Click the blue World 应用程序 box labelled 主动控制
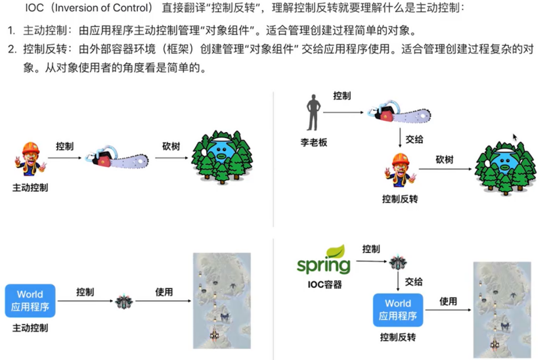click(30, 301)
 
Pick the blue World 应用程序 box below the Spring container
click(398, 309)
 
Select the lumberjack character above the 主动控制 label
click(29, 160)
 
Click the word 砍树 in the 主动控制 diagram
click(171, 146)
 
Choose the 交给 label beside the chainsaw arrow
click(414, 139)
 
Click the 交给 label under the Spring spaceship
click(414, 282)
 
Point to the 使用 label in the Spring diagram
click(448, 301)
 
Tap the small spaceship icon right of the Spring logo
click(398, 263)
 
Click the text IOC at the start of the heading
click(34, 9)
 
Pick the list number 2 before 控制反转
click(12, 49)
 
